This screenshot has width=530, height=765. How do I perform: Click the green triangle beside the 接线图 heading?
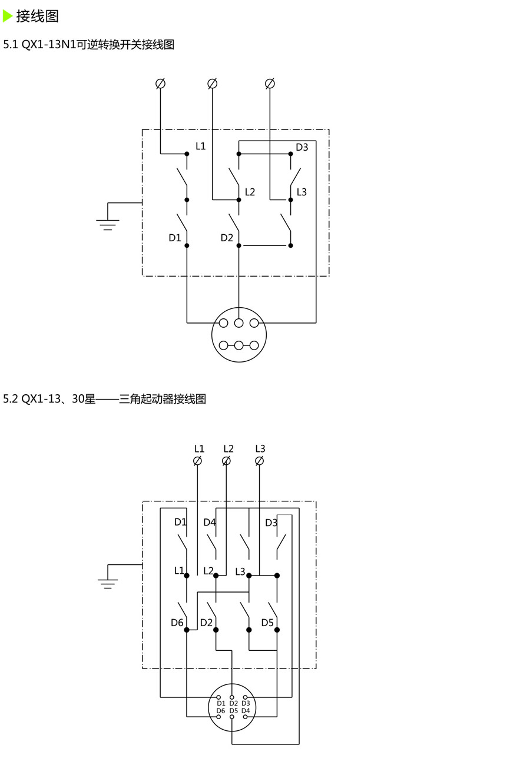(x=8, y=16)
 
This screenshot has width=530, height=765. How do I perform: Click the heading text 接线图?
(x=37, y=16)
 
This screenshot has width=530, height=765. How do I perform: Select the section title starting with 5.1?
(x=89, y=45)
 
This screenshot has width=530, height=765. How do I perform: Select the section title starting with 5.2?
(x=105, y=399)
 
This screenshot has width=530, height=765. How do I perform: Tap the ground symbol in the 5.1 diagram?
(x=108, y=221)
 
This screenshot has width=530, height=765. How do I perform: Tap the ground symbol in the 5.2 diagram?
(x=108, y=580)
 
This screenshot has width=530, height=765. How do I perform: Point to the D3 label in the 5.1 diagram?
(x=302, y=147)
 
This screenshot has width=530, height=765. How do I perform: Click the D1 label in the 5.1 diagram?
(x=175, y=238)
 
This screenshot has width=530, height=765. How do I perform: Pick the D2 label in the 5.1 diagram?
(x=227, y=238)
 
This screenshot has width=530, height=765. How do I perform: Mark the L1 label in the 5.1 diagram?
(x=201, y=146)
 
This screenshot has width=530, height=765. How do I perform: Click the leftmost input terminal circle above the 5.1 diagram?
(x=160, y=84)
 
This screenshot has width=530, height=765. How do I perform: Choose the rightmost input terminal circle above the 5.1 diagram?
(x=270, y=84)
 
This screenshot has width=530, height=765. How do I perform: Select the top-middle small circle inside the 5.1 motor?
(x=238, y=322)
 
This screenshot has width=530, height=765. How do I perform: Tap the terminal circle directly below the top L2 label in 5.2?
(x=226, y=461)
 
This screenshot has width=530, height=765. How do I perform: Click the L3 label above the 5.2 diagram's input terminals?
(x=260, y=448)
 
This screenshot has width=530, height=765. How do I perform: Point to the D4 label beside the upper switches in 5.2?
(x=210, y=523)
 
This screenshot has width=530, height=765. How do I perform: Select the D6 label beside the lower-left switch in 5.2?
(x=177, y=623)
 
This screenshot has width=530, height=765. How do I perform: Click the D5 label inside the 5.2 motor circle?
(x=234, y=711)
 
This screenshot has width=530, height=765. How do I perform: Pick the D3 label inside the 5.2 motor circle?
(x=246, y=703)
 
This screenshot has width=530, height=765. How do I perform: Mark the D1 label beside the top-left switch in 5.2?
(x=180, y=522)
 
